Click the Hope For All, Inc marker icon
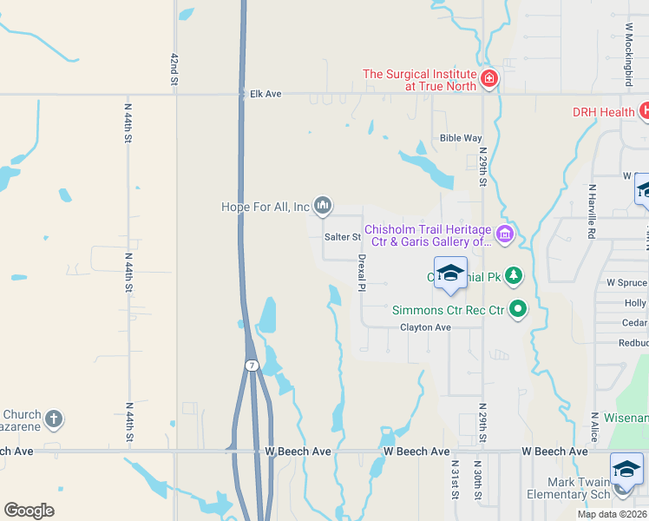point(323,206)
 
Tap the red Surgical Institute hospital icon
point(489,79)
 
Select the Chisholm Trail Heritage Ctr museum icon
point(503,233)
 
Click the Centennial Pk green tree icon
point(515,276)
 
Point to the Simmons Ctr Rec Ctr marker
point(518,308)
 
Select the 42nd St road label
point(174,69)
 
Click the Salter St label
point(342,236)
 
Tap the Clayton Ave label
point(425,327)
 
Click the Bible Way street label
point(461,138)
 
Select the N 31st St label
point(454,479)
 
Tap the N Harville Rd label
point(591,211)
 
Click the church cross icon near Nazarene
point(54,419)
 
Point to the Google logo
point(29,511)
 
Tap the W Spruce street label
point(626,283)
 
